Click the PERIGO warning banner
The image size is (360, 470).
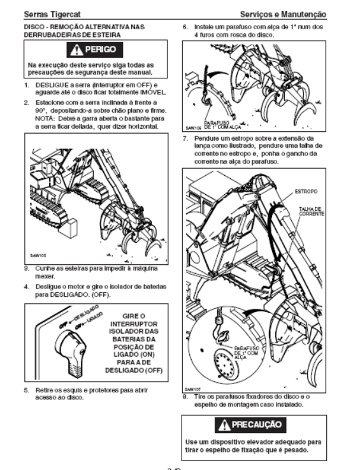pos(95,50)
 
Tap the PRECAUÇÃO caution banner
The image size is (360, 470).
pos(250,425)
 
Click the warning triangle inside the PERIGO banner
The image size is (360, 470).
pos(76,50)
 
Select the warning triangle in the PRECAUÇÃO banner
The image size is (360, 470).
pos(224,425)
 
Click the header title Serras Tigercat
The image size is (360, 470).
pos(52,14)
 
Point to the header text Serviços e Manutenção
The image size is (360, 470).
pos(283,14)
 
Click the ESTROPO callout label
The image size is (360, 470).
pos(306,191)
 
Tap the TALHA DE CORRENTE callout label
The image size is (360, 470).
pos(311,211)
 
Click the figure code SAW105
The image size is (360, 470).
pos(38,255)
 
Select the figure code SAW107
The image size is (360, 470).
pos(192,389)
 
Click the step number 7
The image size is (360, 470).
pos(185,138)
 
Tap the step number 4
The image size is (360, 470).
pos(26,287)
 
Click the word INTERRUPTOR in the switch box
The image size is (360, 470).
pos(134,324)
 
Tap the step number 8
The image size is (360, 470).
pos(185,397)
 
